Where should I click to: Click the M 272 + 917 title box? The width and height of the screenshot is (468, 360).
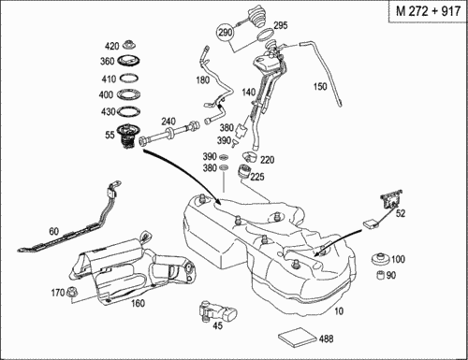(x=428, y=11)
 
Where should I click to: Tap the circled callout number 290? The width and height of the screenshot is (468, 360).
(x=226, y=32)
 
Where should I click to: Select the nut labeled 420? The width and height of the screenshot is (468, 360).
(x=128, y=45)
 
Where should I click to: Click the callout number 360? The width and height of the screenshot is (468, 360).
(x=107, y=62)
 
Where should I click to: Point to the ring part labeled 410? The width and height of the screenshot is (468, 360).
(x=128, y=78)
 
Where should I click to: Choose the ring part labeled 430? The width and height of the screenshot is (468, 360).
(x=128, y=110)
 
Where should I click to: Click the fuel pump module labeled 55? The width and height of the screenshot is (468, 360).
(x=128, y=137)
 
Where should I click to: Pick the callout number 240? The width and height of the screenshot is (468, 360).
(x=168, y=122)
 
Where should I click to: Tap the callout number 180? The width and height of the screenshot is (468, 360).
(x=203, y=80)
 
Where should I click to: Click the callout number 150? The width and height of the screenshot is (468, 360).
(x=320, y=86)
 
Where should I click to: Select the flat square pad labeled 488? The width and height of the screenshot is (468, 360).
(x=298, y=338)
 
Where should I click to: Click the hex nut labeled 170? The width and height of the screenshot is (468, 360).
(x=72, y=292)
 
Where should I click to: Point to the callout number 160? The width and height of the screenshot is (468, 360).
(x=138, y=303)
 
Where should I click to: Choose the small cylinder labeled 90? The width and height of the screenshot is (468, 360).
(x=380, y=276)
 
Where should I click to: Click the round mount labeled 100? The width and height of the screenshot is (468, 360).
(x=381, y=259)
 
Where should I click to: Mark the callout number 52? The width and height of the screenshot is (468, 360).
(x=401, y=213)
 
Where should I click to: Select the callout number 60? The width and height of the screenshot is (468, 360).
(x=54, y=231)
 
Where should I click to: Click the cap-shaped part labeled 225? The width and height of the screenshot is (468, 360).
(x=245, y=172)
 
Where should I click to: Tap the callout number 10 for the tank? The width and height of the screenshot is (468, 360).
(x=339, y=310)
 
